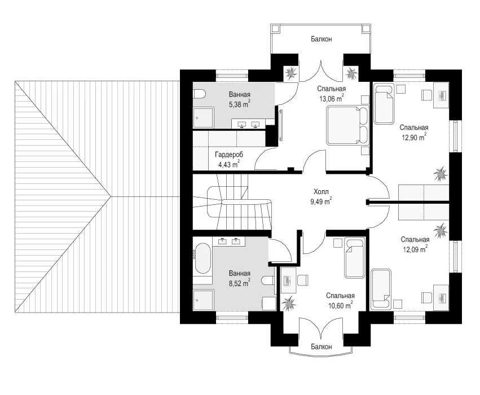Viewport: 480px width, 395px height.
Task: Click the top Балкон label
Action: (x=321, y=39)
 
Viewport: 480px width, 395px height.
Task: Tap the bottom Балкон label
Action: (x=321, y=346)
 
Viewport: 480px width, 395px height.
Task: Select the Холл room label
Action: (x=321, y=192)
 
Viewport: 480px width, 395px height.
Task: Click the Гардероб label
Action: (x=229, y=155)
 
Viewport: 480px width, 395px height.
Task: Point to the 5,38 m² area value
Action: (x=240, y=104)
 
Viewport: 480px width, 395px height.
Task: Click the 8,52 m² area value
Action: (x=240, y=283)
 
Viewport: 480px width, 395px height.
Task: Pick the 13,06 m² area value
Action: (x=331, y=98)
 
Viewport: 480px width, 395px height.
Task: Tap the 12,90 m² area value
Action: (x=414, y=137)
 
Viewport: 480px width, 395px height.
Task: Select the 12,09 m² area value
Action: (x=415, y=249)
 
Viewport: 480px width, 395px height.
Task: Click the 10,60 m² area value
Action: (x=340, y=305)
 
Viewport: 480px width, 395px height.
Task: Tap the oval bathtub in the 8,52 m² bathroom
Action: (x=202, y=259)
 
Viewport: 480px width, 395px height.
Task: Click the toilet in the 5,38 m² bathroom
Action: (x=197, y=94)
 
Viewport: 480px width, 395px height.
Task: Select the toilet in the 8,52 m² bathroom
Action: (x=269, y=280)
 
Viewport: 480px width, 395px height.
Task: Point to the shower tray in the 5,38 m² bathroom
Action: (x=203, y=117)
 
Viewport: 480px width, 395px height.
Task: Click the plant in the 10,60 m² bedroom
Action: (x=288, y=304)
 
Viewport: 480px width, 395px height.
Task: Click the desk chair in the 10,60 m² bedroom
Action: (x=303, y=280)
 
